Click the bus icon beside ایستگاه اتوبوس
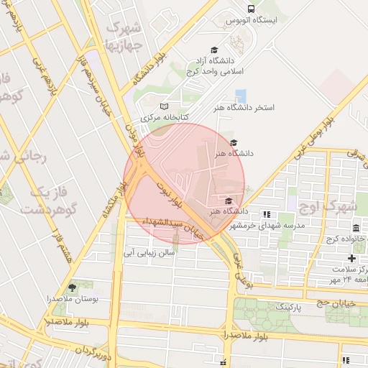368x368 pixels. (x=251, y=9)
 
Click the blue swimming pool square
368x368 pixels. (x=240, y=96)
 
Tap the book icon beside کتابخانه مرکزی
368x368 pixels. (x=164, y=106)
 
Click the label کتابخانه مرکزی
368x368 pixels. (x=165, y=116)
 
